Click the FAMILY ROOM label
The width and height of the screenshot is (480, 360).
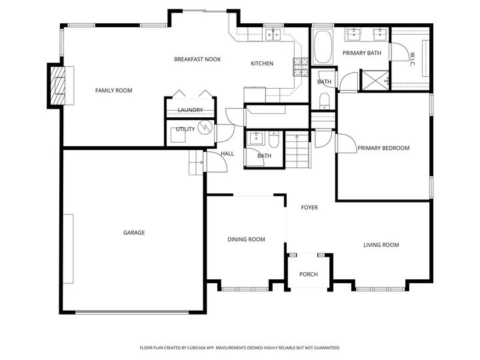[113, 90]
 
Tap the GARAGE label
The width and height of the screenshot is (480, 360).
[134, 233]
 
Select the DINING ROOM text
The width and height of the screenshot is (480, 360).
[246, 239]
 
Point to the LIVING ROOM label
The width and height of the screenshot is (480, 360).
[381, 245]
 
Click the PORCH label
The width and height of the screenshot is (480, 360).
[308, 274]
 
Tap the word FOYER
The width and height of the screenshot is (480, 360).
[309, 207]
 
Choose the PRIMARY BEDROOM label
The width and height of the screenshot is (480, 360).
[383, 148]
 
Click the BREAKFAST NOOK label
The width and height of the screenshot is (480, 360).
[197, 59]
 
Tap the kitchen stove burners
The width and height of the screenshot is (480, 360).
[301, 65]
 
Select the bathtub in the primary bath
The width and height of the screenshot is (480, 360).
[323, 45]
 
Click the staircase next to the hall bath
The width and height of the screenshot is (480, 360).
[298, 151]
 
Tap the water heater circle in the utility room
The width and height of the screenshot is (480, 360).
[206, 127]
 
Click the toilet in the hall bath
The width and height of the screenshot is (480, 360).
[274, 141]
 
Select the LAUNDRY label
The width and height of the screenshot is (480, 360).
[190, 110]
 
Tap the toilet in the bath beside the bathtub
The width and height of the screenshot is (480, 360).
[324, 101]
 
